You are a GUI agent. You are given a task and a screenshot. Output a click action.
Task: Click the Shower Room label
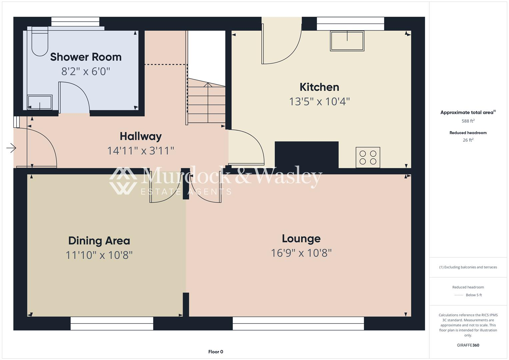click(86, 57)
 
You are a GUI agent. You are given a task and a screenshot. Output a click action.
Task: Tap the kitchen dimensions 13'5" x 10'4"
click(319, 101)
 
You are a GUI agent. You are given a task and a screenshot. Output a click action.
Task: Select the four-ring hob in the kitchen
click(368, 157)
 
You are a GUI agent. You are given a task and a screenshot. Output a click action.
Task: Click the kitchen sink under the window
click(347, 41)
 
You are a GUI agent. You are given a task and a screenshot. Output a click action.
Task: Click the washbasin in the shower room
click(40, 102)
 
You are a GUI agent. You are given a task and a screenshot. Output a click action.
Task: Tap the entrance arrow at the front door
click(11, 148)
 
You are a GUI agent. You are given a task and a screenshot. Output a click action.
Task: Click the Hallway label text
click(141, 136)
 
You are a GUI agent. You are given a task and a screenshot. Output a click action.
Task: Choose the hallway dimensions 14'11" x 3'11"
click(141, 151)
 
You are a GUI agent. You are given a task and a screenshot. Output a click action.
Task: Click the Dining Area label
click(99, 241)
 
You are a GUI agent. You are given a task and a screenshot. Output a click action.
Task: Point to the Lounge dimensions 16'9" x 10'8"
click(301, 253)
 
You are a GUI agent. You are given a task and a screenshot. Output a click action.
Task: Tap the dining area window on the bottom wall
click(112, 323)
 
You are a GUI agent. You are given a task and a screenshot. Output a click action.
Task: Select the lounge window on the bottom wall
click(298, 323)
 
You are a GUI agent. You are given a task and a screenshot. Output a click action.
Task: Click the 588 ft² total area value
click(468, 121)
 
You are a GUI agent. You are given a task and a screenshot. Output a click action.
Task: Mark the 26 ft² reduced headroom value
click(468, 140)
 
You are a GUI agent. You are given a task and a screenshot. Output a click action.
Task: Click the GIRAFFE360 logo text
click(468, 345)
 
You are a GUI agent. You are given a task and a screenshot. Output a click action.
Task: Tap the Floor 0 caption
click(216, 352)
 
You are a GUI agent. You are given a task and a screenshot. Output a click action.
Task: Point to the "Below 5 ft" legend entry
click(473, 295)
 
